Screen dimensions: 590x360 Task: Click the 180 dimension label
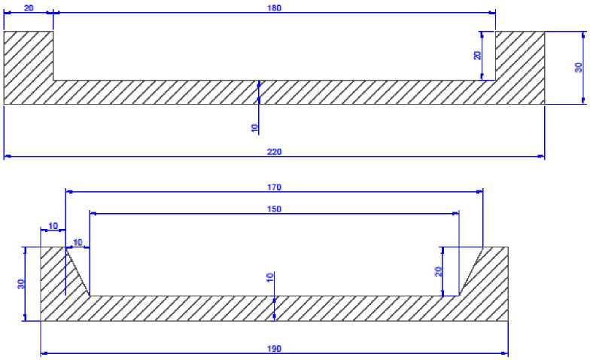[274, 8]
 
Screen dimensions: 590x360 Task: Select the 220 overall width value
[274, 151]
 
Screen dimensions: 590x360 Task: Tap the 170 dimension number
[274, 187]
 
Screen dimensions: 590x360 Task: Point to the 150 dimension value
[274, 209]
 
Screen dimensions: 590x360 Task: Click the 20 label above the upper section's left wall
[29, 7]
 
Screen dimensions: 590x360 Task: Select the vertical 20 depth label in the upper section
[476, 55]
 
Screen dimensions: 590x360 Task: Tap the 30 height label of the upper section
[578, 68]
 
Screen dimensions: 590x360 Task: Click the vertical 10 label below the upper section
[254, 127]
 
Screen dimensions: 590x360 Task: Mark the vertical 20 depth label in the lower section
[437, 271]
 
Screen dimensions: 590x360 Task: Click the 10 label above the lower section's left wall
[53, 225]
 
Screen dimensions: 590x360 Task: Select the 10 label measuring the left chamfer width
[77, 243]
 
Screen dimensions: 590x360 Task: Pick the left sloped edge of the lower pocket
[78, 272]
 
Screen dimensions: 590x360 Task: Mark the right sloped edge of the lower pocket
[470, 272]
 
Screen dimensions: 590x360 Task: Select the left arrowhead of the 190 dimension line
[44, 352]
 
